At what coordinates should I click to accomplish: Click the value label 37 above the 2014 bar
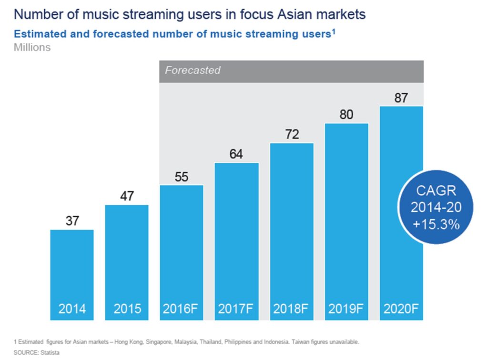(72, 221)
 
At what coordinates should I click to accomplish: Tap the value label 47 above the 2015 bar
(127, 196)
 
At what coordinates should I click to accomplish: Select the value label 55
(182, 177)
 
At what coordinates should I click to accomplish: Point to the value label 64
(236, 154)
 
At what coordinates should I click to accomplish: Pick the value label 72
(292, 134)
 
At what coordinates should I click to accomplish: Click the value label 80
(346, 115)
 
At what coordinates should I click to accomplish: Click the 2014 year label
(72, 309)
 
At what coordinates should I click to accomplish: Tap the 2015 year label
(127, 309)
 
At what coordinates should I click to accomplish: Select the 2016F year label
(182, 309)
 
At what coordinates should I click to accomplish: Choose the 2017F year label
(236, 309)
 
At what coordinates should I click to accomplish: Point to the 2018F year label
(292, 309)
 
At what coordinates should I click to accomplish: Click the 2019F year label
(346, 309)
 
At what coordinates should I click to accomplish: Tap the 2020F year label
(401, 309)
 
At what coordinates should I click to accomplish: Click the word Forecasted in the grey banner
(193, 70)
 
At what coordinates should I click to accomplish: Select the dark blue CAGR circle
(436, 207)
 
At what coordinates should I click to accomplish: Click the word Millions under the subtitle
(32, 48)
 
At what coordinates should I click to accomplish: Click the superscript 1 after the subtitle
(334, 32)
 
